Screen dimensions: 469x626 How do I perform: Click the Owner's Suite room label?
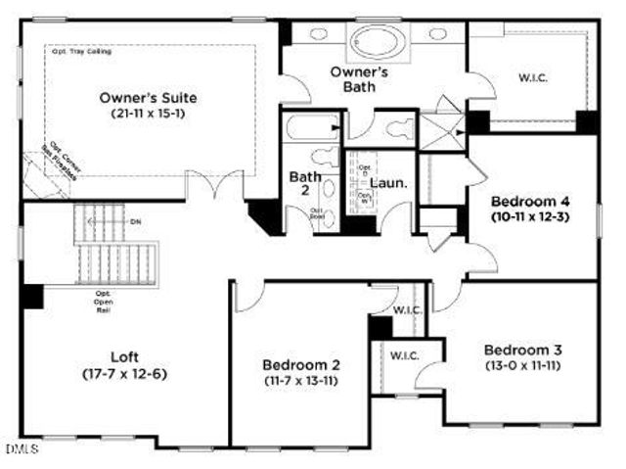click(x=149, y=98)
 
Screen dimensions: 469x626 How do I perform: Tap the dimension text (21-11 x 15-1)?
click(x=149, y=115)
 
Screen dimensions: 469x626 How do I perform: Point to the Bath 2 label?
click(x=299, y=183)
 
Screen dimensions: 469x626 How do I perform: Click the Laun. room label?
click(x=388, y=183)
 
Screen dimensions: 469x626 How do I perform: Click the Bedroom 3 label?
click(x=523, y=350)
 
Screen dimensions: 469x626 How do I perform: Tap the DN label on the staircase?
click(x=135, y=221)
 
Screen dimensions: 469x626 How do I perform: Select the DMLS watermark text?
click(x=19, y=450)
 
